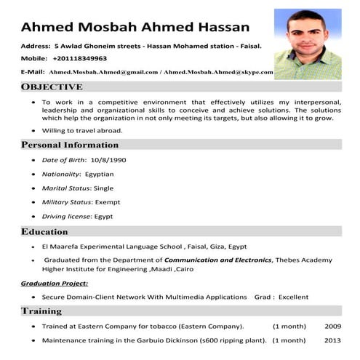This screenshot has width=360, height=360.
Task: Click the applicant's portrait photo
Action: pyautogui.click(x=307, y=44)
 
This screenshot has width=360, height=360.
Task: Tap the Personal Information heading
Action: pyautogui.click(x=70, y=145)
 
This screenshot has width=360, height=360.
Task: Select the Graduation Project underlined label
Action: pyautogui.click(x=55, y=283)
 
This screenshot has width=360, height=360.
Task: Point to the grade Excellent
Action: pyautogui.click(x=293, y=297)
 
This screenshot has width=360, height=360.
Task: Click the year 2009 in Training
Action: pyautogui.click(x=332, y=326)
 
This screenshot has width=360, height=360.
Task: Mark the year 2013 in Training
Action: pyautogui.click(x=332, y=340)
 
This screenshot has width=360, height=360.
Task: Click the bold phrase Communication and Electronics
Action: pyautogui.click(x=218, y=260)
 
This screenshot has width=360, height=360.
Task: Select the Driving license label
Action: pyautogui.click(x=66, y=216)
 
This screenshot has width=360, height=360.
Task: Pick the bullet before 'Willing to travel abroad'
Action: pyautogui.click(x=33, y=131)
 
